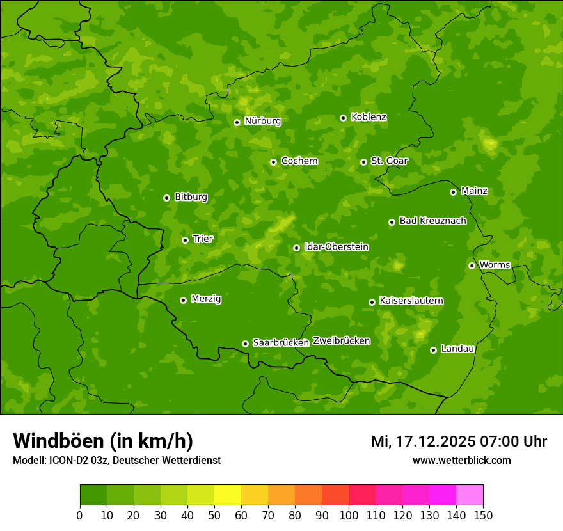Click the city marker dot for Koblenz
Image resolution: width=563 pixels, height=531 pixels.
click(343, 118)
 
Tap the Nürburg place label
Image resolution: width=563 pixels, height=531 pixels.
click(262, 121)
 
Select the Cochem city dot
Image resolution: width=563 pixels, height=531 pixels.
click(273, 162)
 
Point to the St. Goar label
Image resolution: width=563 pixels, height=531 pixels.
click(389, 161)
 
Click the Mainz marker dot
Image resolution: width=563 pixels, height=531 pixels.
click(453, 192)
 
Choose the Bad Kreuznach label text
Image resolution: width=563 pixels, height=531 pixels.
click(432, 221)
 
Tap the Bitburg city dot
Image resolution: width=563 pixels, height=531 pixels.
click(166, 198)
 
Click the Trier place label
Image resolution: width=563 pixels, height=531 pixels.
click(203, 239)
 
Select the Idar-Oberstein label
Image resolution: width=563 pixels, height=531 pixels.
click(336, 247)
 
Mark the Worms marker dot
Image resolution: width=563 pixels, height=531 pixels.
click(472, 265)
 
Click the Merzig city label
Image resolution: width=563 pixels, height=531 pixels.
click(206, 299)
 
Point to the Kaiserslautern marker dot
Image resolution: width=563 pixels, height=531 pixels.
click(372, 302)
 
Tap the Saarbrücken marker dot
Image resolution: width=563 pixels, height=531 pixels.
click(245, 344)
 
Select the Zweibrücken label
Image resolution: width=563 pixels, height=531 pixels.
click(341, 341)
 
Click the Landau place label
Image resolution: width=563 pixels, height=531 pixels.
click(457, 349)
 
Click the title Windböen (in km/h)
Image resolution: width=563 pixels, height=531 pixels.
click(103, 441)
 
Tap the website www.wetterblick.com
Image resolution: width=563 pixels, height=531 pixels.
click(461, 460)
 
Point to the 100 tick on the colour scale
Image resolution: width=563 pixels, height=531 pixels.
click(349, 515)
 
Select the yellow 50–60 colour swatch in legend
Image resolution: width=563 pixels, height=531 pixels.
click(228, 495)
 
